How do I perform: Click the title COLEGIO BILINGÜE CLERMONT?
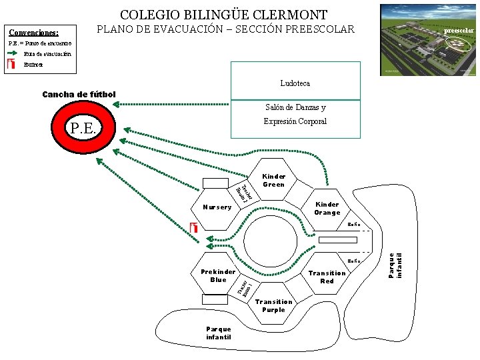click(x=224, y=14)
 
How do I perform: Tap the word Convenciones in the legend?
click(x=33, y=32)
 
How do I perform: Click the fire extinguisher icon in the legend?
click(x=11, y=64)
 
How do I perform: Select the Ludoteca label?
click(x=295, y=84)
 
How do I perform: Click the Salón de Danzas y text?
click(x=295, y=107)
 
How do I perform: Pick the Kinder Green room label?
click(x=273, y=181)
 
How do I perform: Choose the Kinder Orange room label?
click(x=327, y=208)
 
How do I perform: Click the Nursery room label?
click(x=217, y=207)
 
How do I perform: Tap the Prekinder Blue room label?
click(x=218, y=275)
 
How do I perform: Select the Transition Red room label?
click(x=327, y=277)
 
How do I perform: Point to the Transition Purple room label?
click(x=273, y=305)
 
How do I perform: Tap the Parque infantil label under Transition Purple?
click(x=219, y=333)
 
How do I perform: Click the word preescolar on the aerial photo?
click(x=459, y=31)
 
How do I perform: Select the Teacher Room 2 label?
click(x=243, y=192)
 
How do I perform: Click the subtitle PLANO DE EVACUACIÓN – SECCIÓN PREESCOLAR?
click(x=226, y=29)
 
